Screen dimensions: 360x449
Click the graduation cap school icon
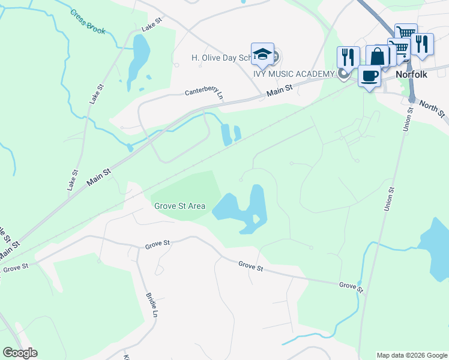coord(262,54)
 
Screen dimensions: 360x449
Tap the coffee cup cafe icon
coord(369,76)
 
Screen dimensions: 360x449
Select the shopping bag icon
coord(378,57)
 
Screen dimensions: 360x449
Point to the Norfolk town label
coord(411,75)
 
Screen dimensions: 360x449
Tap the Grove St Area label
coord(179,206)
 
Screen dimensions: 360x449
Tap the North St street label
coord(432,109)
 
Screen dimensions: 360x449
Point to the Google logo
coord(20,353)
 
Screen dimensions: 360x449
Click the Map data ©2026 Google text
coord(411,355)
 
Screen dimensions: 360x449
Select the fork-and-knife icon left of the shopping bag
coord(348,57)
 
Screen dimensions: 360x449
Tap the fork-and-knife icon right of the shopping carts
coord(423,44)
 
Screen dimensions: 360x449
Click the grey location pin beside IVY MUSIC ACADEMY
coord(344,74)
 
